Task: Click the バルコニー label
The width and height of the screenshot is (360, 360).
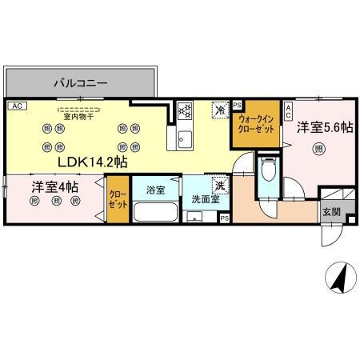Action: click(x=80, y=82)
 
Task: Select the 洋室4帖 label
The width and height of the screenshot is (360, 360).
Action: click(x=56, y=187)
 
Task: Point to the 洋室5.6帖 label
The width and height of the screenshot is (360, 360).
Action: click(x=325, y=127)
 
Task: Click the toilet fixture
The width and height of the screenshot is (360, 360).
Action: click(x=269, y=171)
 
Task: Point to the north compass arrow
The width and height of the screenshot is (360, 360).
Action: click(x=339, y=280)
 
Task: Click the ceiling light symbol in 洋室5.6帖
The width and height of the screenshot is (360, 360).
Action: click(x=318, y=147)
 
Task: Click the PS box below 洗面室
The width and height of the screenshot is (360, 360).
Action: click(x=224, y=218)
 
